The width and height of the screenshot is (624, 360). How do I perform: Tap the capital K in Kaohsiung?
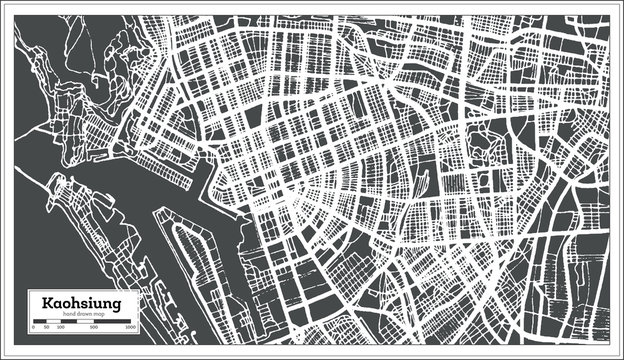pos(47,303)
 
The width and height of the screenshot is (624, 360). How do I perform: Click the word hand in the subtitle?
pos(68,315)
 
